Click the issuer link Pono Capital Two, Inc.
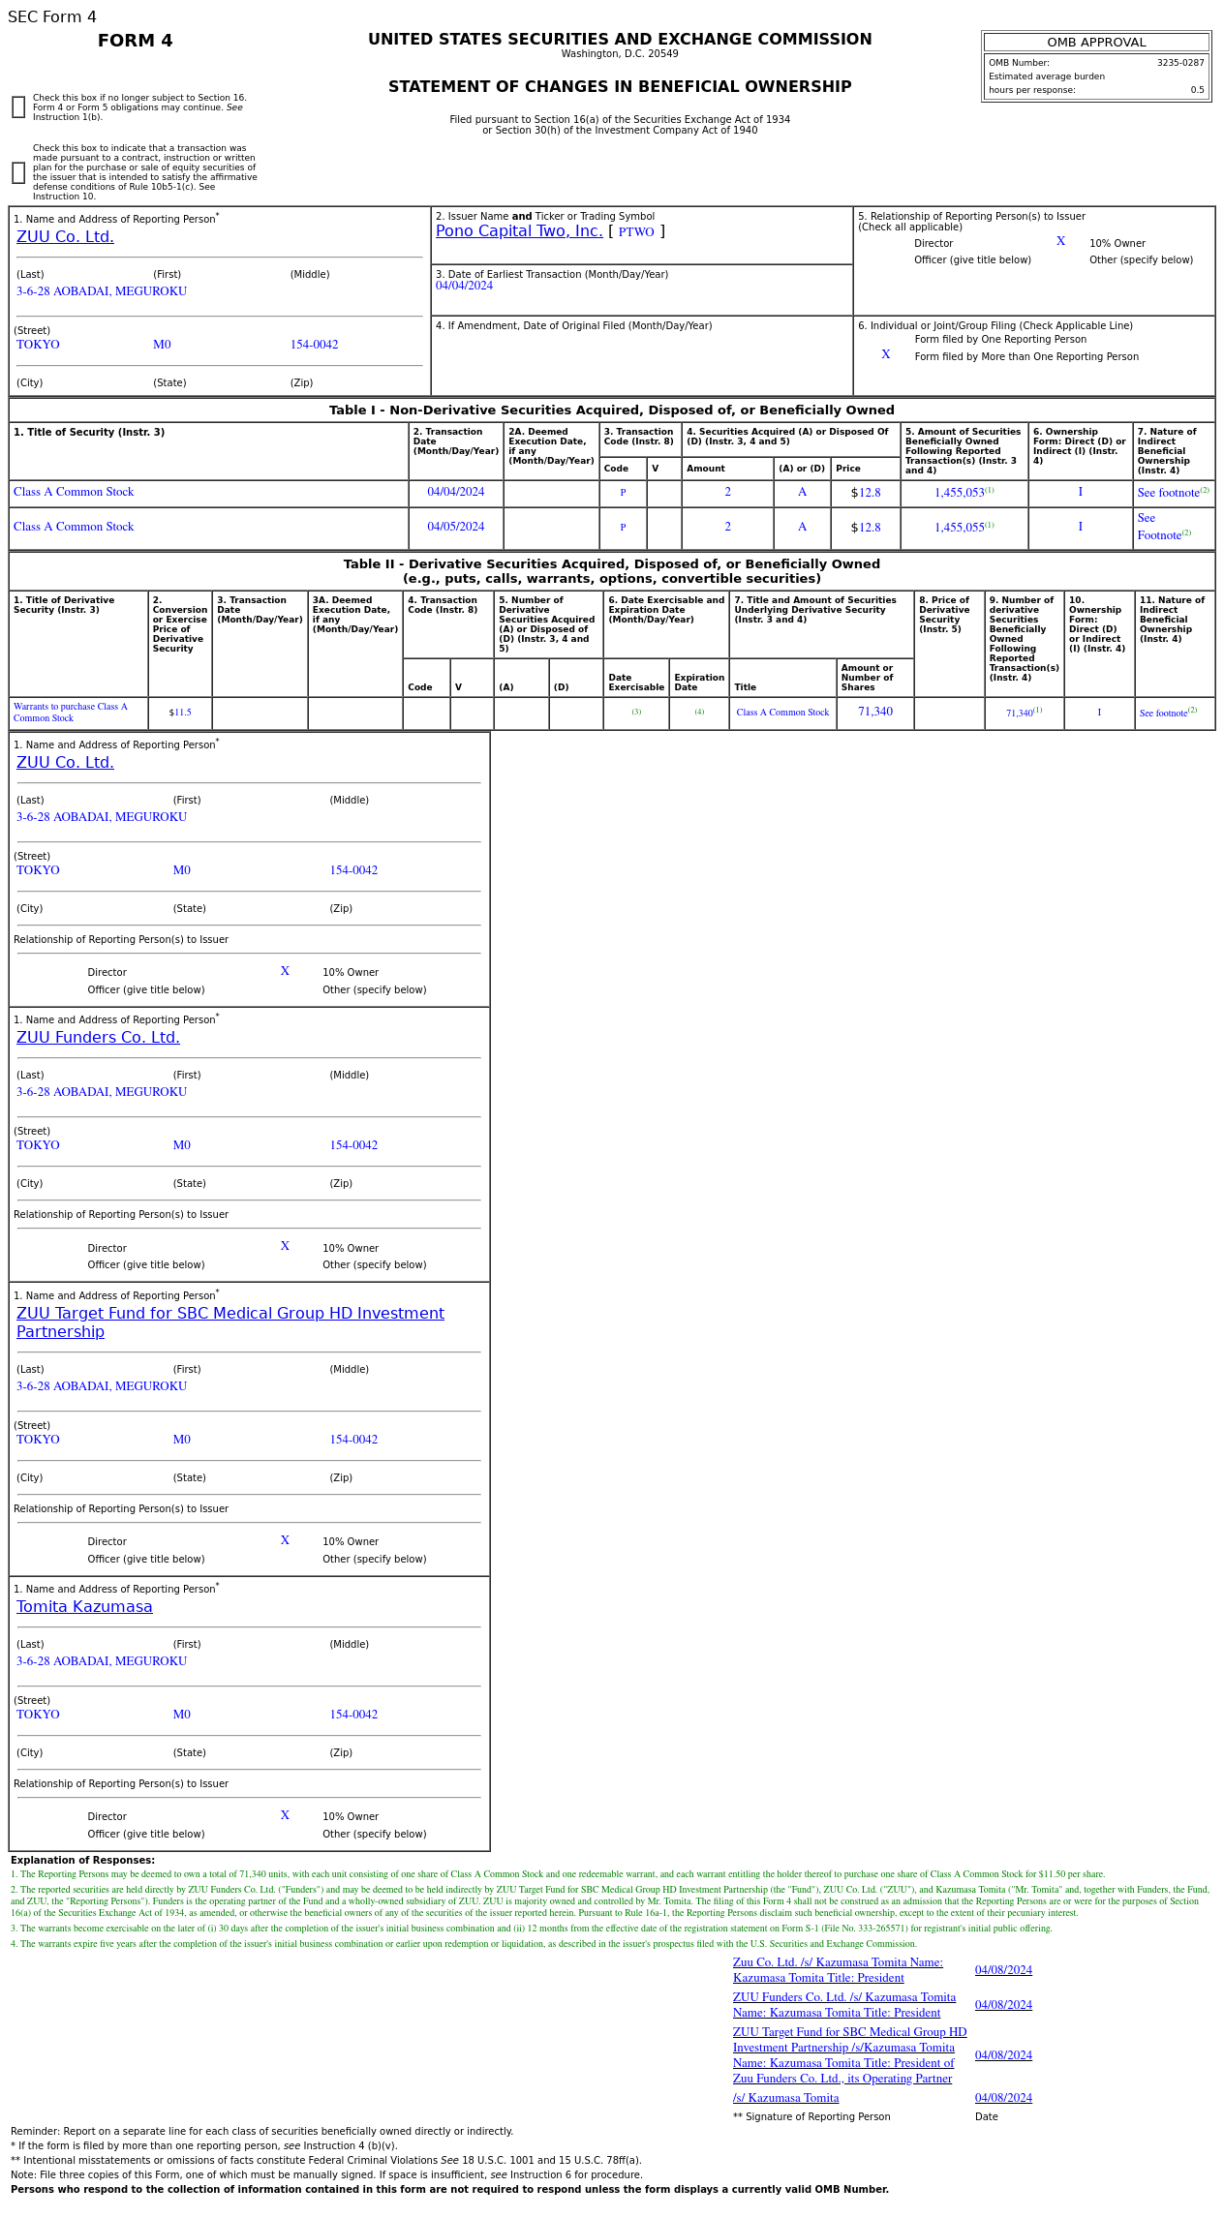[x=519, y=231]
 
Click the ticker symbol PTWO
[x=636, y=232]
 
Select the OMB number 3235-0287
[x=1179, y=63]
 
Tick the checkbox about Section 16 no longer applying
[x=18, y=107]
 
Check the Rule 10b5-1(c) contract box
[x=18, y=172]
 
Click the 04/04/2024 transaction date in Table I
[x=455, y=492]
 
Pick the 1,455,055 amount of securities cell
[x=959, y=528]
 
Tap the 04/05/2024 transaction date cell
[x=455, y=527]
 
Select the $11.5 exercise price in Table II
[x=180, y=713]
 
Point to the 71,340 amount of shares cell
[x=874, y=712]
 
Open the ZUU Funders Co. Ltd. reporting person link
[x=98, y=1038]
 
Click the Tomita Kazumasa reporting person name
[x=84, y=1607]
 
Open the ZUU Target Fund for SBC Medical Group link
[x=229, y=1314]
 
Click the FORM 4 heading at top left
[x=135, y=41]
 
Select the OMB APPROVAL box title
[x=1096, y=43]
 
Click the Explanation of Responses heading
[x=82, y=1860]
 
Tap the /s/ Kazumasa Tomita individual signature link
[x=785, y=2098]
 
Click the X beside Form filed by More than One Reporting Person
[x=885, y=355]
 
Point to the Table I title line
[x=611, y=410]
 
